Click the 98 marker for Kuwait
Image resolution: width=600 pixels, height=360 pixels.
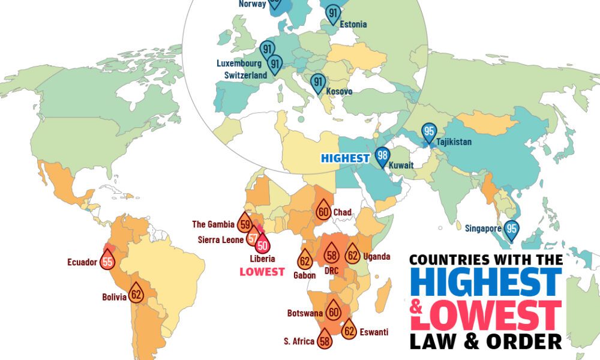[x=382, y=157]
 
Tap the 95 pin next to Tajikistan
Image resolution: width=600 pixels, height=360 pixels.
[x=428, y=131]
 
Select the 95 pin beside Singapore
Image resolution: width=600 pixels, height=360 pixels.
[x=512, y=229]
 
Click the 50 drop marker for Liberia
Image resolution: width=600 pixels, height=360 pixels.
[x=262, y=244]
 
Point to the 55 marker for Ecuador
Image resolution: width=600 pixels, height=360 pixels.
[x=107, y=262]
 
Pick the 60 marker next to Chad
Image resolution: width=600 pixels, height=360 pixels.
[x=323, y=211]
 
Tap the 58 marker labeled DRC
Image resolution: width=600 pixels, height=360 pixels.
[x=331, y=255]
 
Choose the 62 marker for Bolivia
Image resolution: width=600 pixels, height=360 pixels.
[x=136, y=294]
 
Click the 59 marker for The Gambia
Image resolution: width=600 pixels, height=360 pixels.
[x=245, y=225]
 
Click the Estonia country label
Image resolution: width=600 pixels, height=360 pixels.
[x=353, y=25]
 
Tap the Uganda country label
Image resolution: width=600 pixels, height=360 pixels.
[x=377, y=257]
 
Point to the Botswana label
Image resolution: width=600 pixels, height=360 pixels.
[x=305, y=313]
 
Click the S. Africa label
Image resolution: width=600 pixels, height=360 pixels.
[x=299, y=341]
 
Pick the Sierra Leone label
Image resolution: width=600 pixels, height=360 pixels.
[x=220, y=240]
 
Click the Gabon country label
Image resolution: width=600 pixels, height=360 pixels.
[x=305, y=275]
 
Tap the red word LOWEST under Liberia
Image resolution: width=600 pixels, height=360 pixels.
[x=262, y=272]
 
